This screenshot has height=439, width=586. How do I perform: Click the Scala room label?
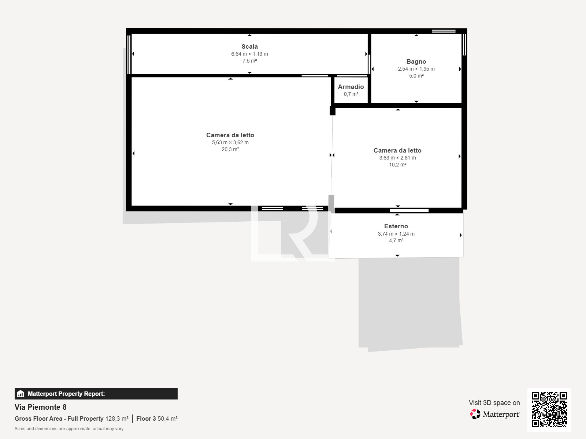[x=250, y=47]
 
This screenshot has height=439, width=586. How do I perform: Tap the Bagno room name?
[x=416, y=61]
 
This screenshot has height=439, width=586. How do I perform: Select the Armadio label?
[x=351, y=87]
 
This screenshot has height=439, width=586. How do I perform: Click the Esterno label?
[x=396, y=226]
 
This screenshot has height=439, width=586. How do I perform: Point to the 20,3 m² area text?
[x=230, y=149]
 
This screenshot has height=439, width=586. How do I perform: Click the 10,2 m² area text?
[x=397, y=165]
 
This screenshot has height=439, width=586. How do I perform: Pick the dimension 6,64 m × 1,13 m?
[x=250, y=54]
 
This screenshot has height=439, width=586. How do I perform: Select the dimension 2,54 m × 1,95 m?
[x=416, y=69]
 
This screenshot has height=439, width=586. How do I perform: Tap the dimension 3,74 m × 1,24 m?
[x=396, y=234]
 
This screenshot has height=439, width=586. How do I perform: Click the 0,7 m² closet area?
[x=351, y=94]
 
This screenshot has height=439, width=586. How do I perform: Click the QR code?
[x=549, y=410]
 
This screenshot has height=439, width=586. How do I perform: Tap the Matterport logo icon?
[x=475, y=414]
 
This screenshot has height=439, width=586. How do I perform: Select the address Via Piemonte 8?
[x=41, y=407]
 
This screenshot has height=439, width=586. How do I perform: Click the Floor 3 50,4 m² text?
[x=157, y=419]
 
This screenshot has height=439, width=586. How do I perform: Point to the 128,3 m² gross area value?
[x=117, y=419]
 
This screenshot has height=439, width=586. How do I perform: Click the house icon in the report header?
[x=21, y=394]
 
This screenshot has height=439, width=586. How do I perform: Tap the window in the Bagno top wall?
[x=444, y=31]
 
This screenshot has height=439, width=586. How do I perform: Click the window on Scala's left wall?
[x=129, y=55]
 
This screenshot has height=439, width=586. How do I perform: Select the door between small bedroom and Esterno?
[x=409, y=211]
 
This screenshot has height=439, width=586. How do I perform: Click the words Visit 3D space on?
[x=494, y=403]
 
